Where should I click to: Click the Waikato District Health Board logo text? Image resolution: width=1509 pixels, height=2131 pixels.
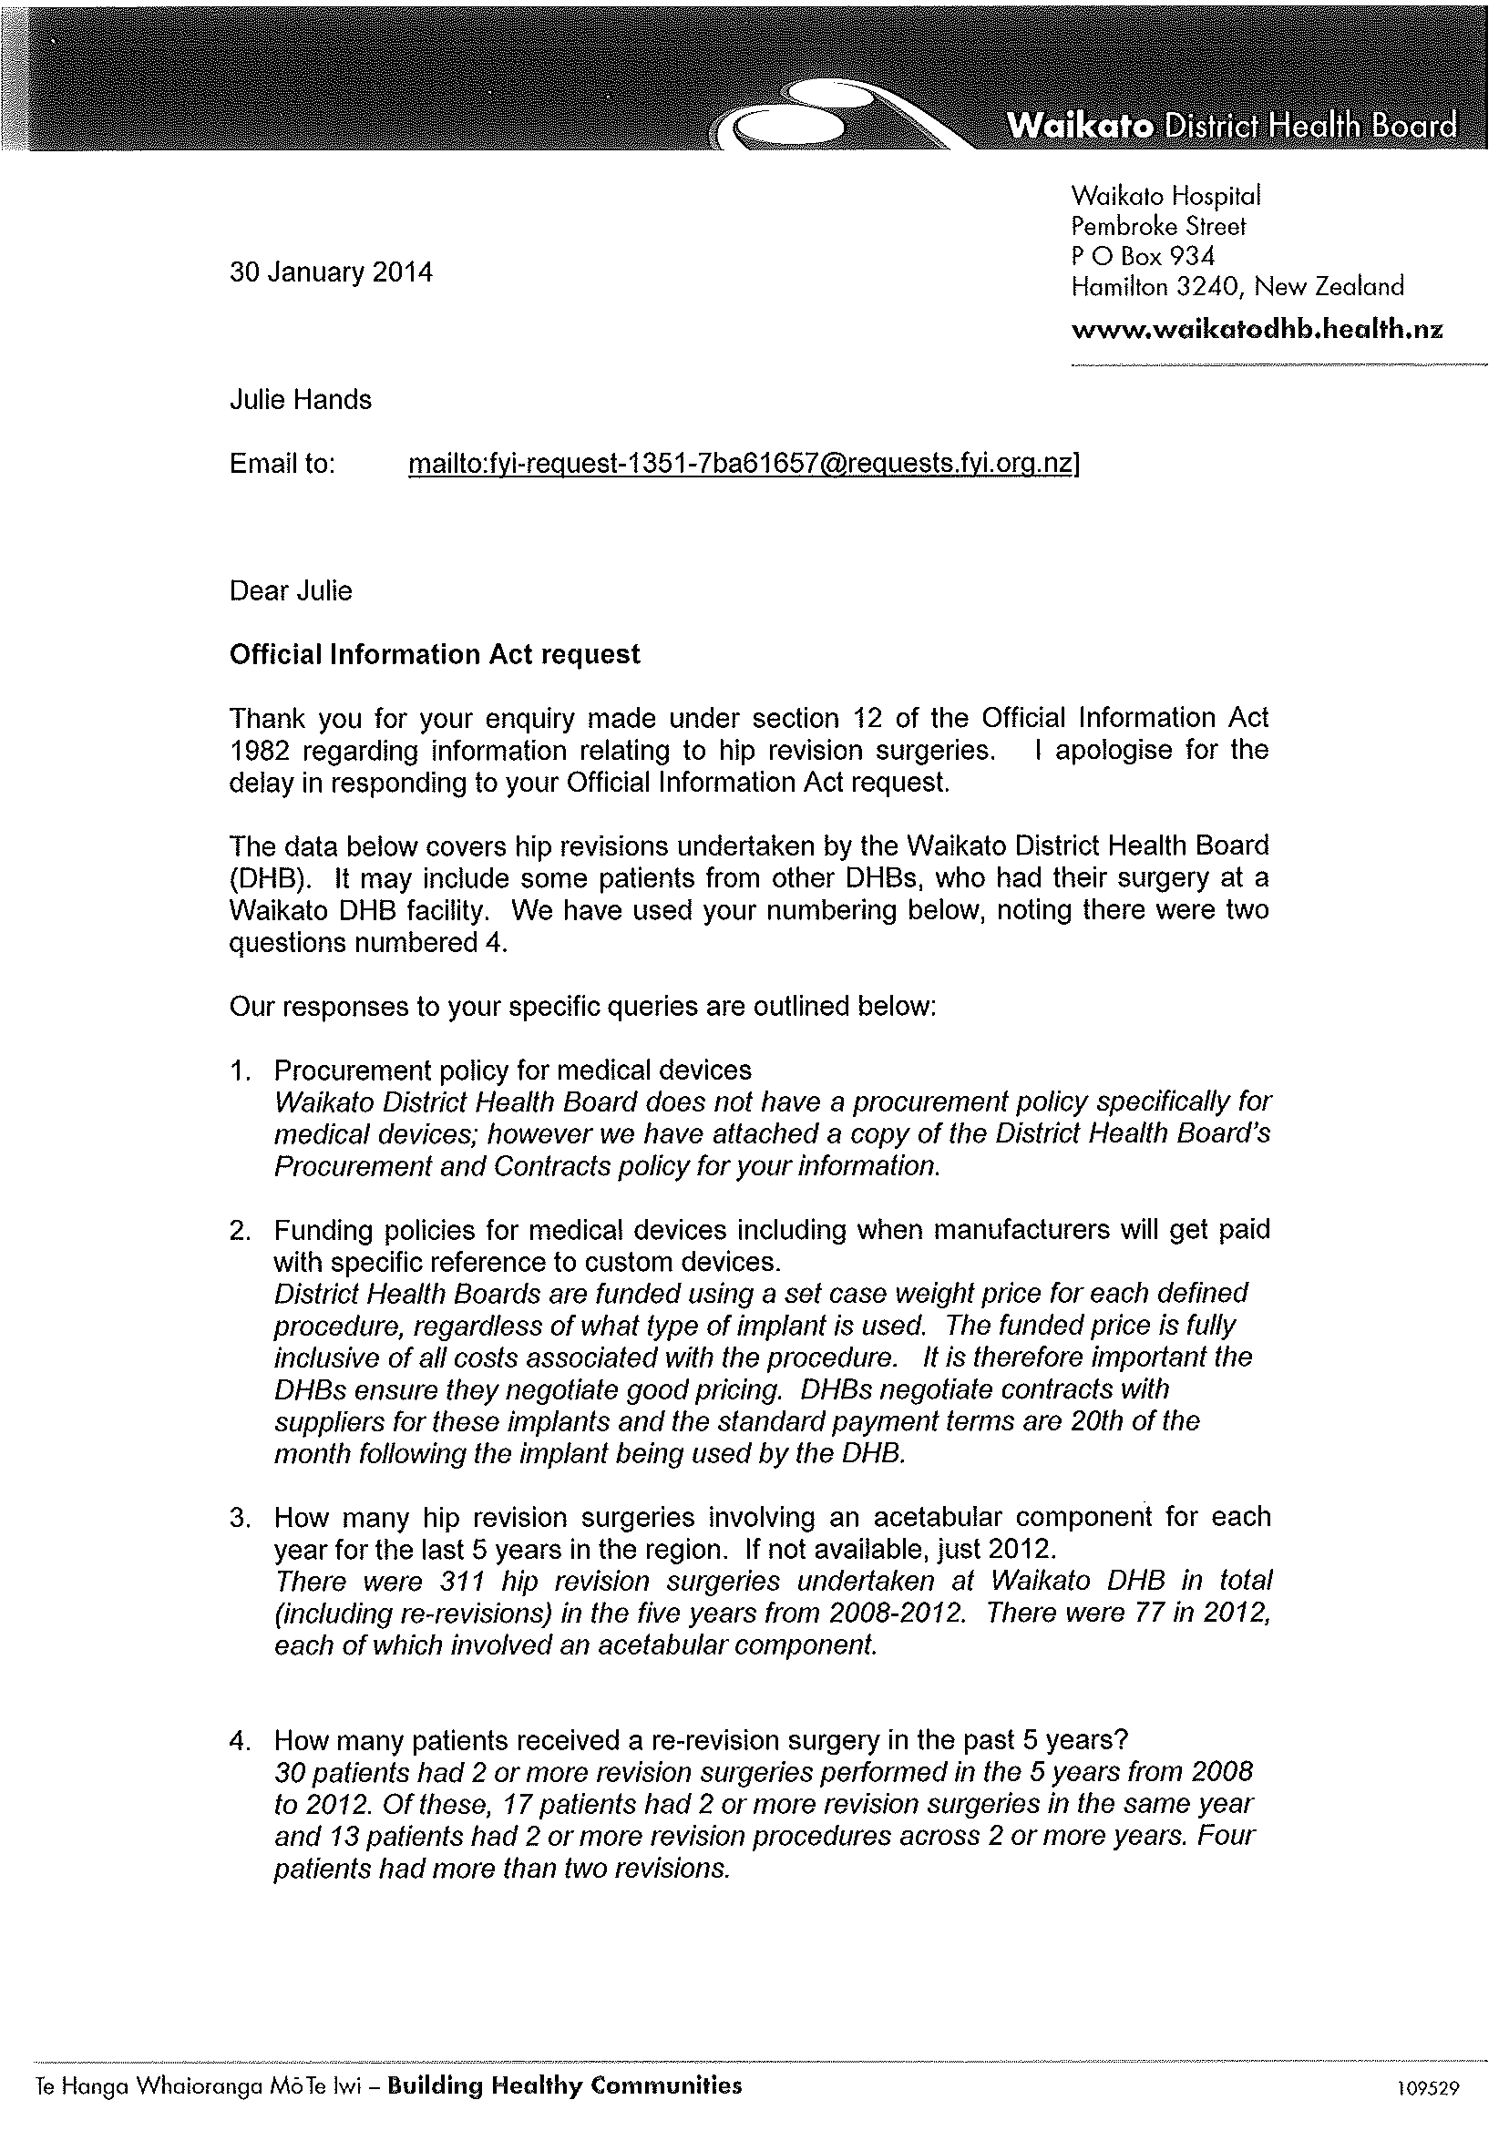click(1232, 127)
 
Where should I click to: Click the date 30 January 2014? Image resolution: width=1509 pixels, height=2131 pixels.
click(331, 273)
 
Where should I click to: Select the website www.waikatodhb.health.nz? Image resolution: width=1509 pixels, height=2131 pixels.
click(1257, 330)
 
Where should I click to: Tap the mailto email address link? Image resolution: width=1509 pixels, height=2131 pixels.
click(742, 464)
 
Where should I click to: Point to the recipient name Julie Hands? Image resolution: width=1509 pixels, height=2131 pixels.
click(300, 400)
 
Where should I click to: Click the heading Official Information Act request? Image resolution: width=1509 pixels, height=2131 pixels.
click(434, 655)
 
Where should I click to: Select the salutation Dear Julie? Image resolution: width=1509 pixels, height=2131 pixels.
click(291, 591)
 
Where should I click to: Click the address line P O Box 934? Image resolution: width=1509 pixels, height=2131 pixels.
click(1142, 256)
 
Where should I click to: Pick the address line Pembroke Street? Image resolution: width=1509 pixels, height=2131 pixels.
click(1158, 227)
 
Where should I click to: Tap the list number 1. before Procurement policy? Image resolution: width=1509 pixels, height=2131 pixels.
click(241, 1071)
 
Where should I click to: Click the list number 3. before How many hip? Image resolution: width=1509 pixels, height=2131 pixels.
click(241, 1519)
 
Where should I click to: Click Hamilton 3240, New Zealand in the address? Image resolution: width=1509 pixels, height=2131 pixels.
click(1237, 287)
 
